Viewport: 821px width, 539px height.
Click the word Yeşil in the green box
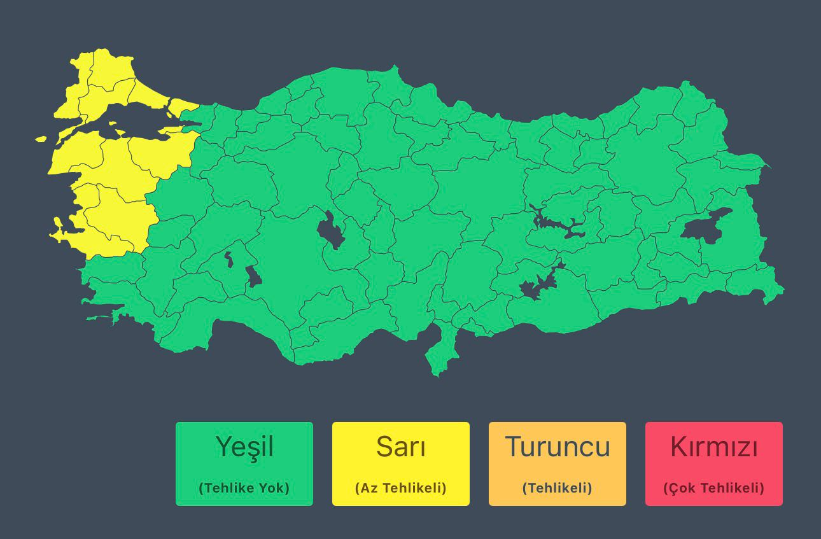[x=244, y=447]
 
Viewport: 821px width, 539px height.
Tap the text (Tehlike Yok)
[x=244, y=488]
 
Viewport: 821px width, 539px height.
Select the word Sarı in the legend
[x=400, y=447]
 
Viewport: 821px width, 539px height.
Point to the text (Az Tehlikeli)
[x=400, y=488]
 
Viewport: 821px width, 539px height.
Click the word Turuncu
[x=557, y=447]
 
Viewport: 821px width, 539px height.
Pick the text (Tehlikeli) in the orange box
[x=557, y=488]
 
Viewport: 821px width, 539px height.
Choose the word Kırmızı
[x=713, y=447]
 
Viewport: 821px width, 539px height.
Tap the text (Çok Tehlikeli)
[x=713, y=488]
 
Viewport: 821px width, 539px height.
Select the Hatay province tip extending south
[x=439, y=356]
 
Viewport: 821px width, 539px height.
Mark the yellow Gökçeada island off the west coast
[x=41, y=139]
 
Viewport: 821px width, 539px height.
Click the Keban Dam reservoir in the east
[x=560, y=226]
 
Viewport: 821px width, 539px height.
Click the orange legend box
[x=557, y=463]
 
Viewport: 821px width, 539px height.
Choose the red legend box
[x=713, y=463]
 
